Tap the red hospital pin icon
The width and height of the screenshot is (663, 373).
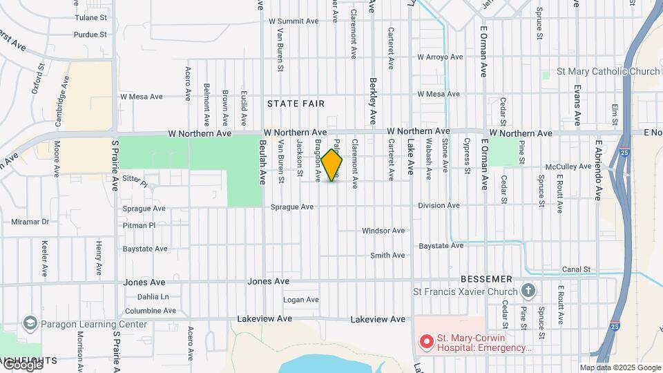[x=427, y=341]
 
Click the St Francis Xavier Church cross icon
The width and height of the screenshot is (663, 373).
[x=529, y=290]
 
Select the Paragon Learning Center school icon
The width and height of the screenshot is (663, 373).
[x=30, y=323]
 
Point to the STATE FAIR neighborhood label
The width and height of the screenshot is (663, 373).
[x=296, y=104]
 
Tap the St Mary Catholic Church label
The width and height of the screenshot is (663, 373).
[x=599, y=72]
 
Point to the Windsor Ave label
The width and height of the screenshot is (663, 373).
[x=383, y=231]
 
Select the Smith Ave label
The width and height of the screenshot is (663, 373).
[x=387, y=256]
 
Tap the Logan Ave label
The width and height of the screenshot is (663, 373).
[x=301, y=300]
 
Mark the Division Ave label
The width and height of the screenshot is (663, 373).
[x=439, y=206]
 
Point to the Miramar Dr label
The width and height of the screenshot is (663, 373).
[x=30, y=222]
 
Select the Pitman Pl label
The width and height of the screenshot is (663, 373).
[x=140, y=226]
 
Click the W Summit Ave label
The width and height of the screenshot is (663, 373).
[x=294, y=21]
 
